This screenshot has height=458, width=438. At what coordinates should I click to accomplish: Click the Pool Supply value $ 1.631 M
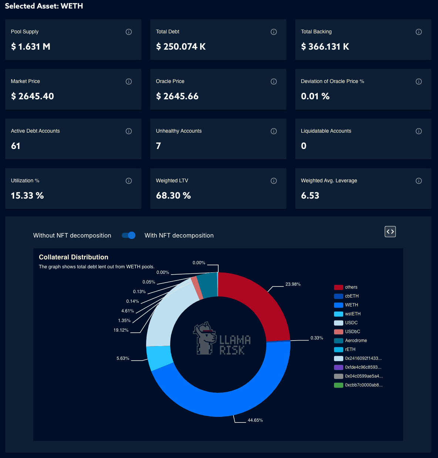pos(31,47)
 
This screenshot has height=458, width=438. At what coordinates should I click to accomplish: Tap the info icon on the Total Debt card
pos(274,32)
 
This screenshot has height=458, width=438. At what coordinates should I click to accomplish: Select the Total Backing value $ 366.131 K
pos(325,47)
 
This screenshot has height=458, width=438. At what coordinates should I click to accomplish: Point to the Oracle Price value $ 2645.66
pos(177,96)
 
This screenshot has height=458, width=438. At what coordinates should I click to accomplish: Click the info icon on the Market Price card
pos(129,82)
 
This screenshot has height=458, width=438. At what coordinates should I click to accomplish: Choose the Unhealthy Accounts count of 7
pos(158,146)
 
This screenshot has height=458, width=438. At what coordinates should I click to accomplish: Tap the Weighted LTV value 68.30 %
pos(173,196)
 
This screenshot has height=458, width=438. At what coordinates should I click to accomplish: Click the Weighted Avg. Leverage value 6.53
pos(310,196)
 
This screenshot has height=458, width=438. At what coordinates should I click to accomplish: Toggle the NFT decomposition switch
pos(129,235)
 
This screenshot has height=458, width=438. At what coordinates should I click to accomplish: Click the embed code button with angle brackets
pos(390,232)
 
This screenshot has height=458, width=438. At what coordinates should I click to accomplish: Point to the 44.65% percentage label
pos(255,420)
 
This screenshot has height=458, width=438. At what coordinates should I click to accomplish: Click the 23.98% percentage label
pos(293,284)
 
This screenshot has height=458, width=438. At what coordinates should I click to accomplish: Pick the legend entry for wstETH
pos(353,314)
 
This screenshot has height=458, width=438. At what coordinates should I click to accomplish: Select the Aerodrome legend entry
pos(356,341)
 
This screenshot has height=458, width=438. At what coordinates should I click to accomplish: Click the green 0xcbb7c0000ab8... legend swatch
pos(338,385)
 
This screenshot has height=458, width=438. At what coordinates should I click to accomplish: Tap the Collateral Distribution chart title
pos(74,257)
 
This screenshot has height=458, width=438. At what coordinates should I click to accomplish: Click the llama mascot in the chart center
pos(205,338)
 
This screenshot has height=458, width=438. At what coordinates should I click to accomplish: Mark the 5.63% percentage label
pos(123,358)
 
